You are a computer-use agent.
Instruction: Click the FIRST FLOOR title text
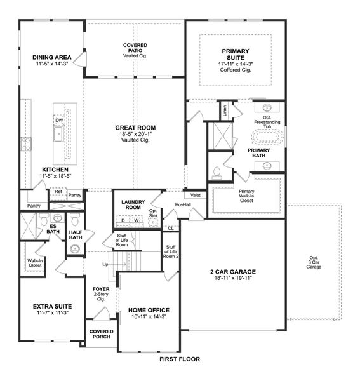(180, 359)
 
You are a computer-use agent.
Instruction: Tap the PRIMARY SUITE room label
(236, 55)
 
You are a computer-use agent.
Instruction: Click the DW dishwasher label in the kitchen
(58, 119)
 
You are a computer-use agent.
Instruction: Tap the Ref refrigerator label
(58, 191)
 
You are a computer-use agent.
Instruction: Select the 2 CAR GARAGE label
(233, 272)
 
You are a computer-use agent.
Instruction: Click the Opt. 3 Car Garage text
(314, 262)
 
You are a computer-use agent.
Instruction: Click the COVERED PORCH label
(101, 334)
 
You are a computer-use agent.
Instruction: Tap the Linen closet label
(225, 111)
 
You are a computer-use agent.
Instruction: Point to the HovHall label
(183, 204)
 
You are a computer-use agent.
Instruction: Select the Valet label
(196, 195)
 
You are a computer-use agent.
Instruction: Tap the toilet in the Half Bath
(75, 222)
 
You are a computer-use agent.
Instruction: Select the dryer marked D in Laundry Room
(123, 220)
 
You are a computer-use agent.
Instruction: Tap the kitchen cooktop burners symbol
(26, 144)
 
